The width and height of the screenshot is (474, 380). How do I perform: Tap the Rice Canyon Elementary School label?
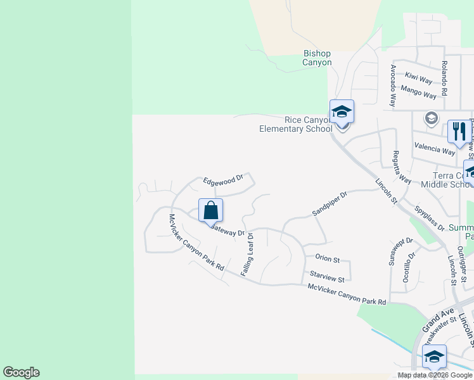click(x=296, y=124)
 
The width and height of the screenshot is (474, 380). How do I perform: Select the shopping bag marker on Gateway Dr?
click(x=211, y=210)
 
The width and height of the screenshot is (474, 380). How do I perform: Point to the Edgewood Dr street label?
click(x=223, y=180)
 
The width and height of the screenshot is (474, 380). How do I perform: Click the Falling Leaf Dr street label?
click(x=247, y=254)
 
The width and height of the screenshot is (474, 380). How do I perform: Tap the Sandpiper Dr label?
click(x=330, y=203)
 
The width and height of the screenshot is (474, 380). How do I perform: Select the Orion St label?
click(x=328, y=260)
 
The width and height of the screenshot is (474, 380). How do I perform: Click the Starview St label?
click(x=327, y=277)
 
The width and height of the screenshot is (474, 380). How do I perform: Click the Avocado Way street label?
click(x=394, y=85)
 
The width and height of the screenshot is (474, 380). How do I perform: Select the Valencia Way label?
click(x=435, y=149)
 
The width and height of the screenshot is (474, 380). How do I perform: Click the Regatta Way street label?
click(x=398, y=167)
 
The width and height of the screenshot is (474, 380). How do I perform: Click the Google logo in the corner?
click(x=21, y=372)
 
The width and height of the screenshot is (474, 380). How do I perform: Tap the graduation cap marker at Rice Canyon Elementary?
click(x=342, y=112)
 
